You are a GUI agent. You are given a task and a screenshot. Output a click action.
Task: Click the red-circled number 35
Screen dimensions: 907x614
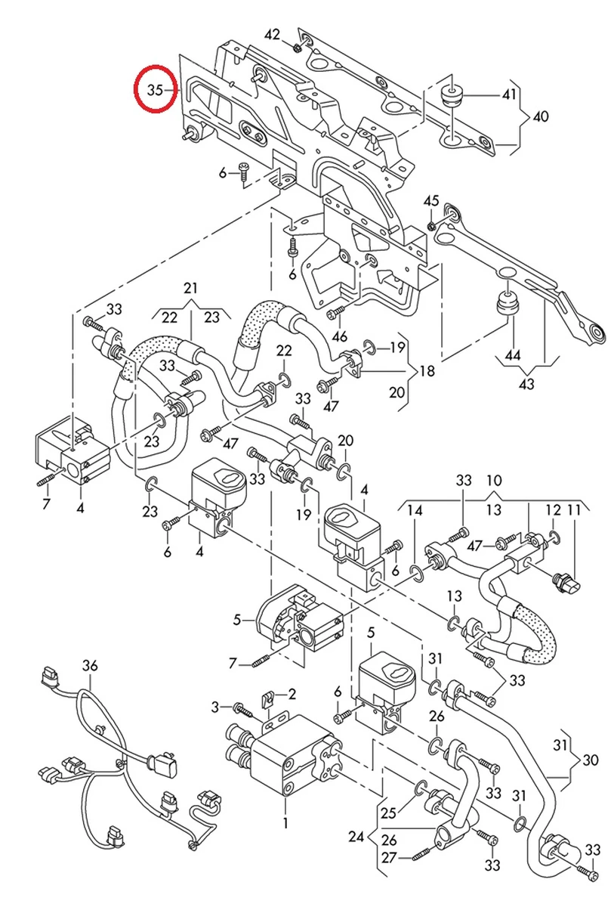tap(155, 90)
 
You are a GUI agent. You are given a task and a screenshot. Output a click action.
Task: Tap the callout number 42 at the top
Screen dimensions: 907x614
tap(272, 35)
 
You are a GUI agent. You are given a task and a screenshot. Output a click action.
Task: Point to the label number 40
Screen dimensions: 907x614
tap(541, 116)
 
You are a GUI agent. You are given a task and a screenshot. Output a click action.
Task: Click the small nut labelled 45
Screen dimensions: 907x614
tap(430, 225)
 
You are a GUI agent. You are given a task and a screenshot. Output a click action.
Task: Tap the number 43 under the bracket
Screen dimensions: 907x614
tap(526, 384)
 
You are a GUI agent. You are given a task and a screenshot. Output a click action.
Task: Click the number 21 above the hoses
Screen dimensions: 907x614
tap(190, 289)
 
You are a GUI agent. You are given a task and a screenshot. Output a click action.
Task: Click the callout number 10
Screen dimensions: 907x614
tap(493, 481)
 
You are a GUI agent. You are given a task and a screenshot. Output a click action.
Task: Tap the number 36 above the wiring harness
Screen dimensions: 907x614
tap(90, 666)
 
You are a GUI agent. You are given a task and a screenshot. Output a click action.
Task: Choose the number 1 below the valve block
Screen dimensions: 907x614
tap(285, 822)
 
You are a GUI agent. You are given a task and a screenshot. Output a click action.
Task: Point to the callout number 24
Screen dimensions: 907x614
tap(356, 837)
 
